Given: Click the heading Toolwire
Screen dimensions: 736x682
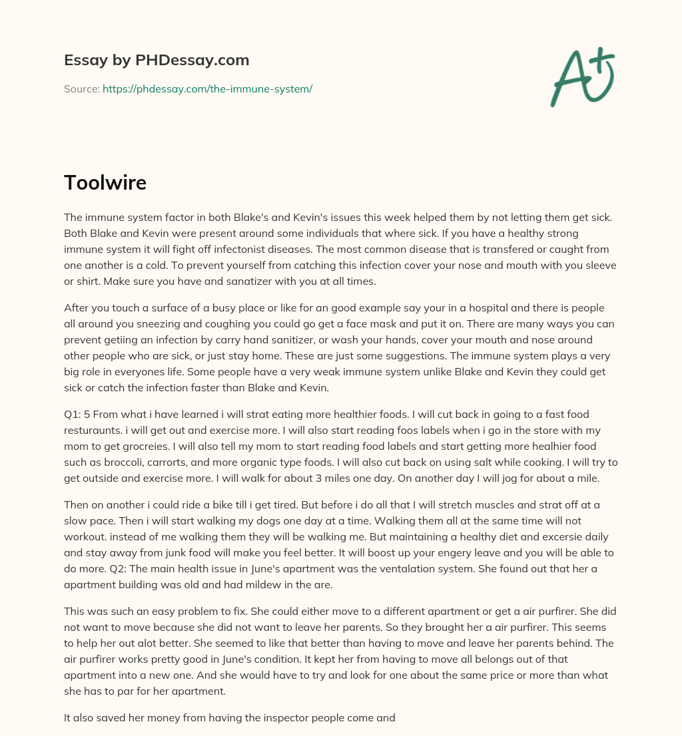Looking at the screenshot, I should [x=105, y=182].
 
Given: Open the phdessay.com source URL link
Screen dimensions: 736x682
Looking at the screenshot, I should [x=207, y=89].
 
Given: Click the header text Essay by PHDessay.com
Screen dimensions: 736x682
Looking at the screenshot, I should [x=157, y=60].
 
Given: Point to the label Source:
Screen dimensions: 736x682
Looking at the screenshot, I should [x=82, y=89].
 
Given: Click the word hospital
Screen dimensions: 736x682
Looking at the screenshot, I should [x=486, y=307].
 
